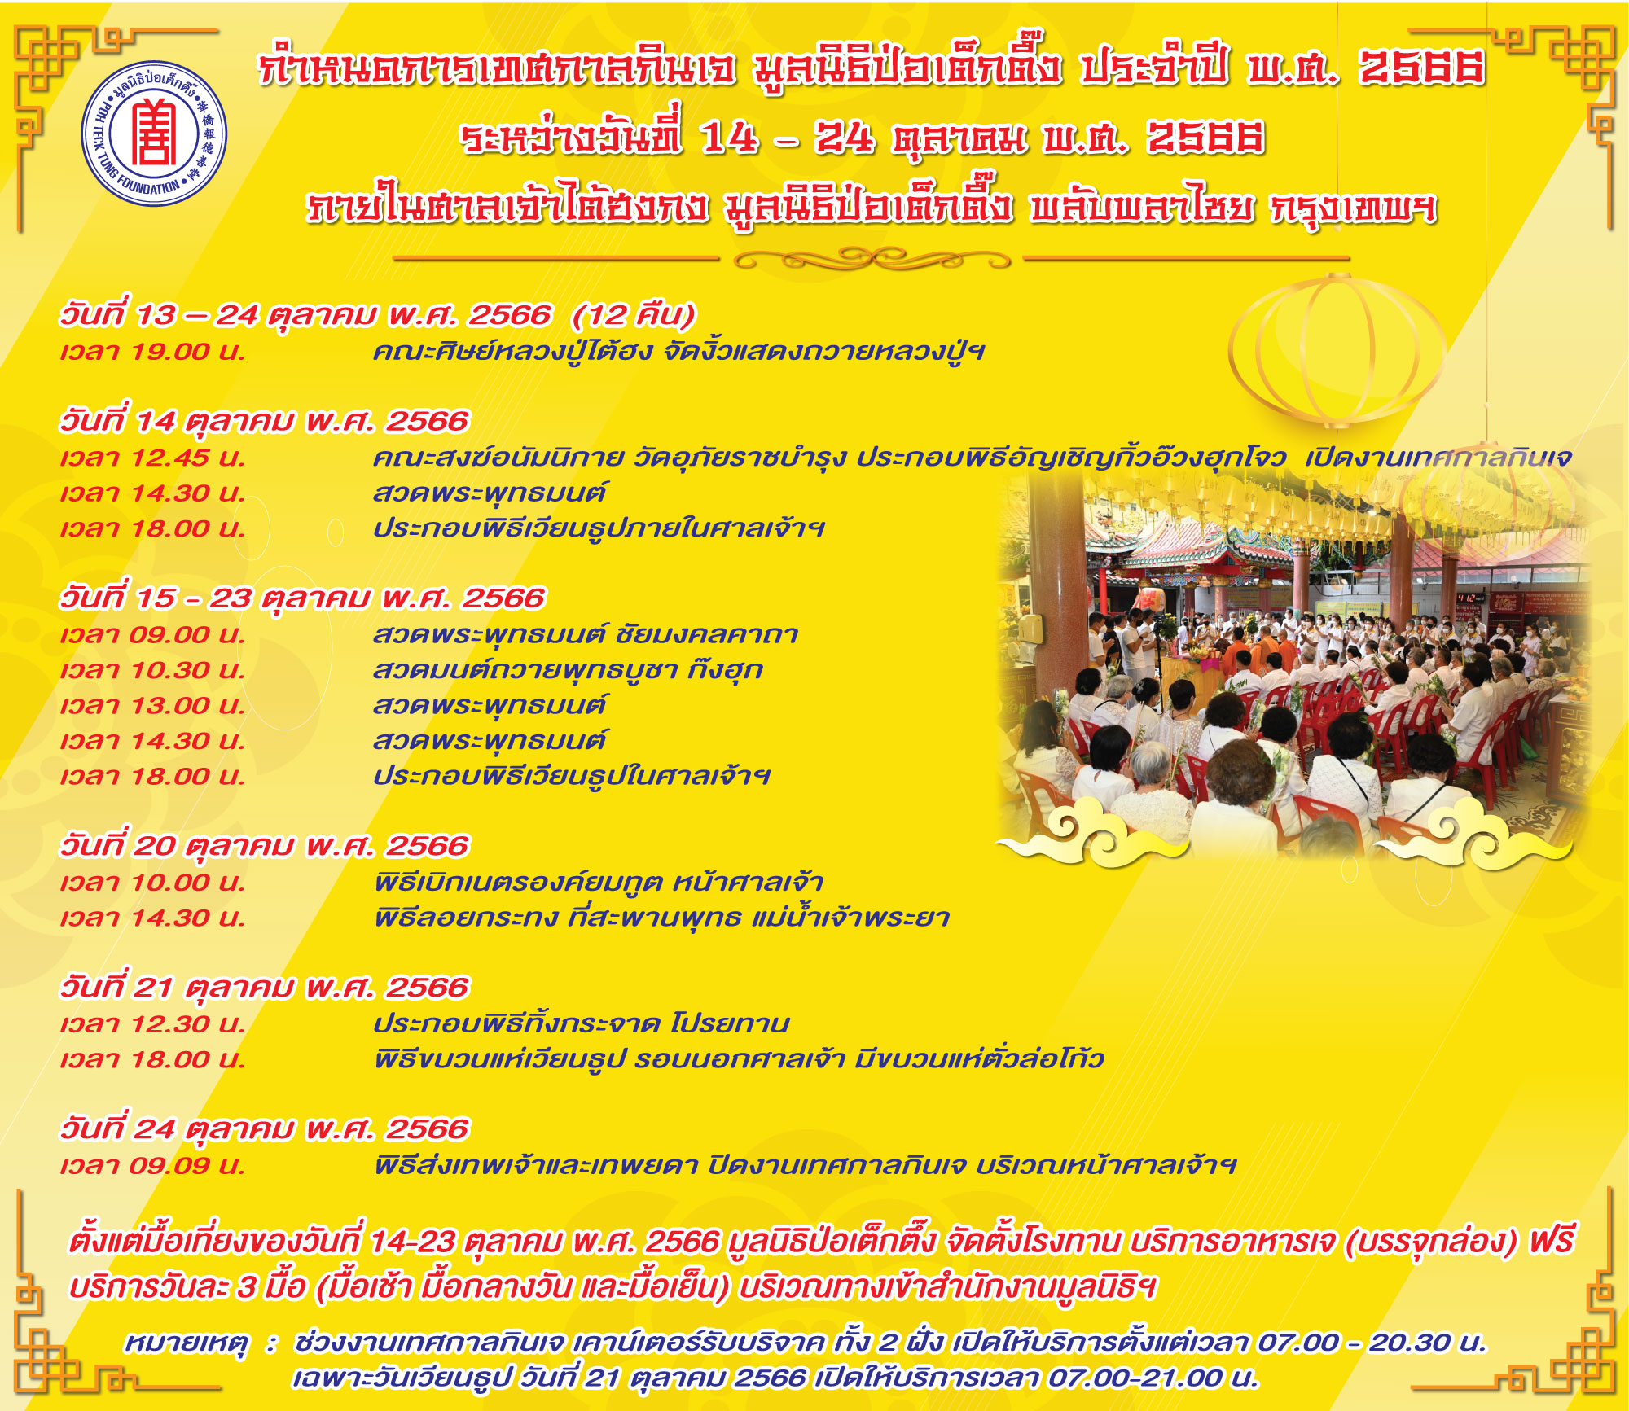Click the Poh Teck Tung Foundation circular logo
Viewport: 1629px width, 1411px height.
click(x=154, y=134)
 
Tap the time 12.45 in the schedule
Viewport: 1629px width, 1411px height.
click(x=169, y=458)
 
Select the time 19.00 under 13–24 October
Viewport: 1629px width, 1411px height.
click(x=169, y=352)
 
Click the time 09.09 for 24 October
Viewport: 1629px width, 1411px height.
click(x=169, y=1165)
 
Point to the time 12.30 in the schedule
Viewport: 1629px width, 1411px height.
click(x=169, y=1023)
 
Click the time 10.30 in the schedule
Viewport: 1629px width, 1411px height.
click(x=169, y=670)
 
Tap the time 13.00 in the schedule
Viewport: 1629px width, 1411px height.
click(x=169, y=705)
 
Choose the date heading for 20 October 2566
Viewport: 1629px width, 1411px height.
click(x=265, y=846)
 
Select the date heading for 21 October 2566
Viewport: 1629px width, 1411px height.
click(x=265, y=988)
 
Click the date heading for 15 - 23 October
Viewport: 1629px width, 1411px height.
click(x=301, y=598)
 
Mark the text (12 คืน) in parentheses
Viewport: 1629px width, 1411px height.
click(x=634, y=315)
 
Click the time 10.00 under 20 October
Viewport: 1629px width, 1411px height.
click(x=169, y=883)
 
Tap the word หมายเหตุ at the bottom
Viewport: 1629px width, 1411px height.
click(x=186, y=1343)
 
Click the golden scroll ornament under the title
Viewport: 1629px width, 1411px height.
click(x=872, y=260)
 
